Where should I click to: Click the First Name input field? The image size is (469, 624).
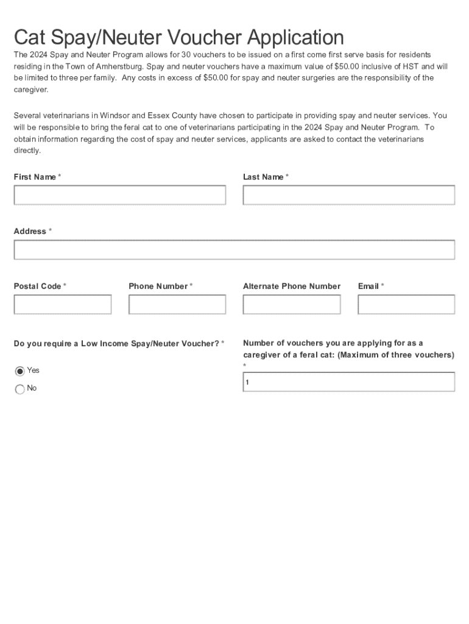(120, 195)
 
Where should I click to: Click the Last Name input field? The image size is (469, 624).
(348, 195)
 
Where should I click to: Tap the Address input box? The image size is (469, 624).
(234, 250)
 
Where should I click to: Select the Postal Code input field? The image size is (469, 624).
(63, 305)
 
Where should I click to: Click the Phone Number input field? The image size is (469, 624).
(177, 305)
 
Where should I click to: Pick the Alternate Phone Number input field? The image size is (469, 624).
(291, 305)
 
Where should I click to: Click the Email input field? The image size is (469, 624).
(406, 305)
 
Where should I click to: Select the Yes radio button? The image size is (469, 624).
(20, 371)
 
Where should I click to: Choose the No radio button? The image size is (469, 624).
(20, 389)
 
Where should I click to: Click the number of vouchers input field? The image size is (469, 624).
(348, 382)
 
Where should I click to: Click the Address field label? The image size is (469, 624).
(30, 232)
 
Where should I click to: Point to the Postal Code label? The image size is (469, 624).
(38, 286)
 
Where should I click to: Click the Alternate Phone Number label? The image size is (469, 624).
(291, 286)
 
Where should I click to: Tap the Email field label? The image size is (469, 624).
(368, 286)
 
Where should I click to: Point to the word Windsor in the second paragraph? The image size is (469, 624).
(114, 116)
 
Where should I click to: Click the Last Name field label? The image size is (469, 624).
(263, 177)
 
